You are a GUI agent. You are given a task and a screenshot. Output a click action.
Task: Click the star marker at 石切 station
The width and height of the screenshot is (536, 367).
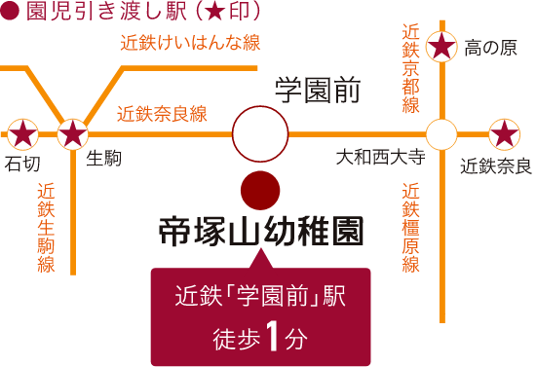(22, 134)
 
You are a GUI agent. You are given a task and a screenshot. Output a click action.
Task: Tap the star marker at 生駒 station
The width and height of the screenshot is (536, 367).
(72, 134)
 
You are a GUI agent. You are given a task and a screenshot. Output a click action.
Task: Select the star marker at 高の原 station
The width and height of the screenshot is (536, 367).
(441, 47)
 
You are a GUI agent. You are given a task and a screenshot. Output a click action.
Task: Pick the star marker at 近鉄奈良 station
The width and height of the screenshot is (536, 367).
(505, 134)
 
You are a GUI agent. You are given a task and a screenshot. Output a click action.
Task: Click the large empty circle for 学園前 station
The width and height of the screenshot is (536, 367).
(260, 133)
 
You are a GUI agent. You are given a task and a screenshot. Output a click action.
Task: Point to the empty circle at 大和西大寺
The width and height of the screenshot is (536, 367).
(441, 134)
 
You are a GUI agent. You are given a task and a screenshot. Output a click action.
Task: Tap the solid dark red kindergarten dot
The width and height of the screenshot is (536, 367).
(260, 191)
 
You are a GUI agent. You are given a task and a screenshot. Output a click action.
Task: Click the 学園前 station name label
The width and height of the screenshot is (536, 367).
(318, 91)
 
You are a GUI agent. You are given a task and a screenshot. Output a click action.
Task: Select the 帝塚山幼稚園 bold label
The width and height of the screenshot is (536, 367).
(261, 231)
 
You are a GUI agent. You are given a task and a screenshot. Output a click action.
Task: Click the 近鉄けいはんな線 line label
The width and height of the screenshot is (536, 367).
(190, 43)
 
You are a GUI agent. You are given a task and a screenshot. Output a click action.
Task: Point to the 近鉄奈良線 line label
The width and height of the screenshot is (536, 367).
(162, 114)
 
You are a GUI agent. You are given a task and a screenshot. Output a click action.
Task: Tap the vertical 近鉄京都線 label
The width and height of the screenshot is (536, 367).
(410, 68)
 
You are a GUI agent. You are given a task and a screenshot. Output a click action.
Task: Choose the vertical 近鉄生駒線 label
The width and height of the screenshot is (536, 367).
(46, 228)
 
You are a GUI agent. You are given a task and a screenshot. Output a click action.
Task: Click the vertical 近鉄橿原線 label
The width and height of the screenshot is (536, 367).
(410, 228)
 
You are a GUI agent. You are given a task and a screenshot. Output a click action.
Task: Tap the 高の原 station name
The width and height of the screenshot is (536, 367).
(490, 48)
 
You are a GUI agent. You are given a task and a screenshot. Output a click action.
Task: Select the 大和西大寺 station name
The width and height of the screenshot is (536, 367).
(381, 157)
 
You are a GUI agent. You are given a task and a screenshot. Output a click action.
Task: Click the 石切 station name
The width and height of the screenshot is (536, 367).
(22, 165)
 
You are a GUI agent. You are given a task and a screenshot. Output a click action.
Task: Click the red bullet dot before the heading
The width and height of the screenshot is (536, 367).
(9, 11)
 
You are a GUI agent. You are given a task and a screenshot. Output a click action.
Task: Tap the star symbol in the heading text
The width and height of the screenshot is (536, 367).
(216, 13)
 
